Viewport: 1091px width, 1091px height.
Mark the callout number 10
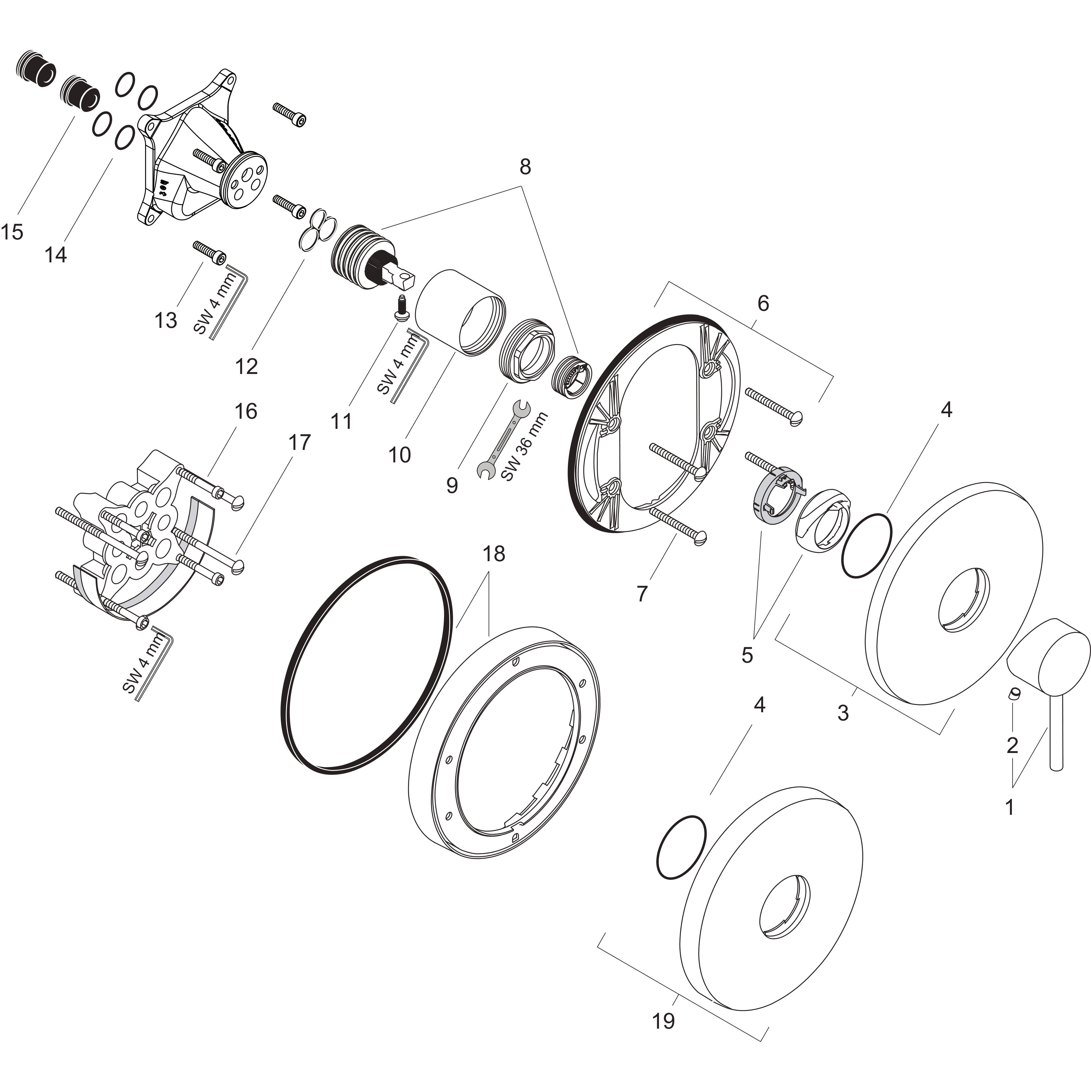pos(400,455)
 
